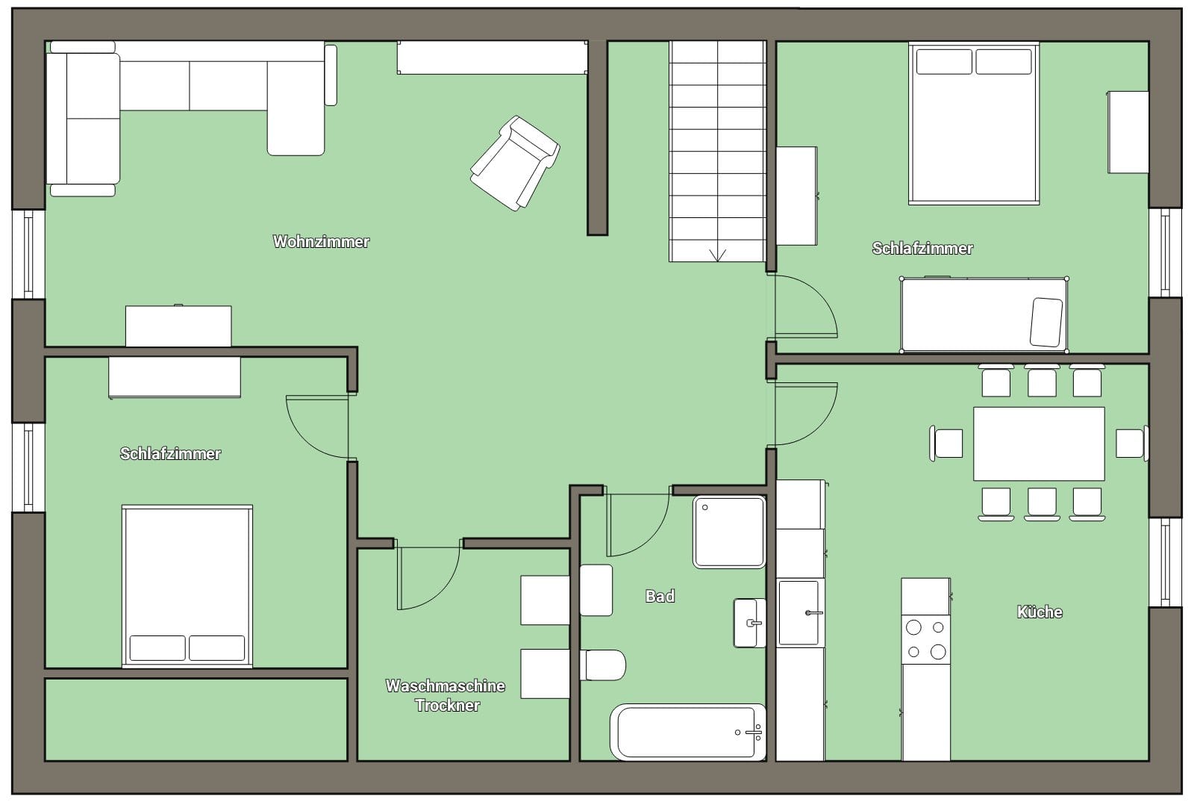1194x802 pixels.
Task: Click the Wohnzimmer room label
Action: point(321,241)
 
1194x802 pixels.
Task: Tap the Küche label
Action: point(1040,612)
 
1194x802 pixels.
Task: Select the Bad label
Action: point(660,596)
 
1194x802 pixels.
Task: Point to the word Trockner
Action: point(447,705)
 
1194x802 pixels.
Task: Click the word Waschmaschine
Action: point(445,686)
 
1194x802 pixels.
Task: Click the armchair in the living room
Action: point(515,164)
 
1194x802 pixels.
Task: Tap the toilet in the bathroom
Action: point(603,665)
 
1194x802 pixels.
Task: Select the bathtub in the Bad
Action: point(688,732)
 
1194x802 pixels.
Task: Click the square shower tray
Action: point(729,532)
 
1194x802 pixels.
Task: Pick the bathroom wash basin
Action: point(749,623)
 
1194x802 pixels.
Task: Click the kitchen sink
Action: point(799,612)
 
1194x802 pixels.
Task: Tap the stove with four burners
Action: point(926,639)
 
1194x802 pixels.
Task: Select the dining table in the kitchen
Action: point(1039,444)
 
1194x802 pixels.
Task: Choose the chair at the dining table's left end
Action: point(946,443)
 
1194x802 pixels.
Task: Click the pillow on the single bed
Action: point(1046,322)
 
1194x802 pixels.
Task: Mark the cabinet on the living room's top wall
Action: point(492,57)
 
